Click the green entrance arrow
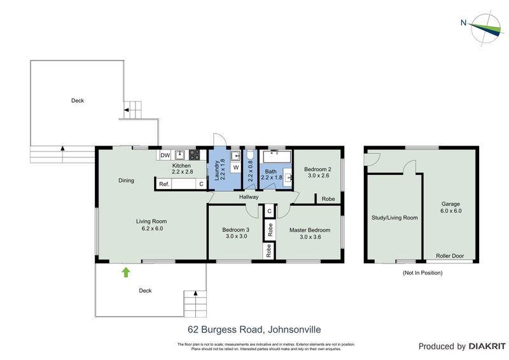point(126,272)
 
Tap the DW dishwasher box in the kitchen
point(165,155)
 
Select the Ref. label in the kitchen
point(164,184)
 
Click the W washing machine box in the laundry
point(235,168)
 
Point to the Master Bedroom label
point(310,230)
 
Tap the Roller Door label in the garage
point(450,256)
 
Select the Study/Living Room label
point(394,218)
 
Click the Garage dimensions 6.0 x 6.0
point(451,211)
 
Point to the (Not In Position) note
point(422,273)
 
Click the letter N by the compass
point(463,24)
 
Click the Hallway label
point(249,197)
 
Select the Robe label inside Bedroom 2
point(328,199)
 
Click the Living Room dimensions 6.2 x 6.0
point(150,228)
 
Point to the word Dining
point(126,180)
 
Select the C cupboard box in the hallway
point(269,211)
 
